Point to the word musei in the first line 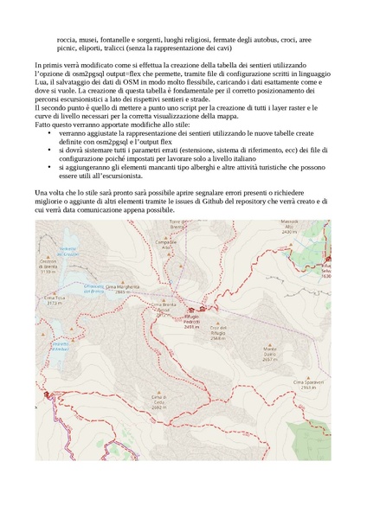point(90,39)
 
